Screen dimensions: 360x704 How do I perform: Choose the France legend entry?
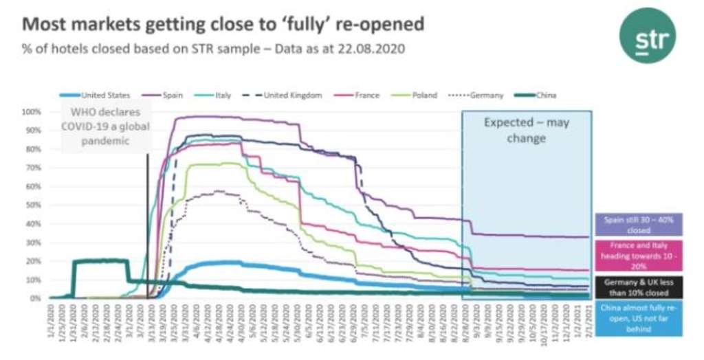click(x=362, y=95)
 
